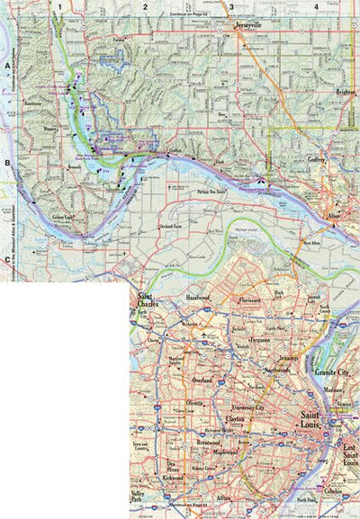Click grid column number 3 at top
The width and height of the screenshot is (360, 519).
pyautogui.click(x=231, y=7)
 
